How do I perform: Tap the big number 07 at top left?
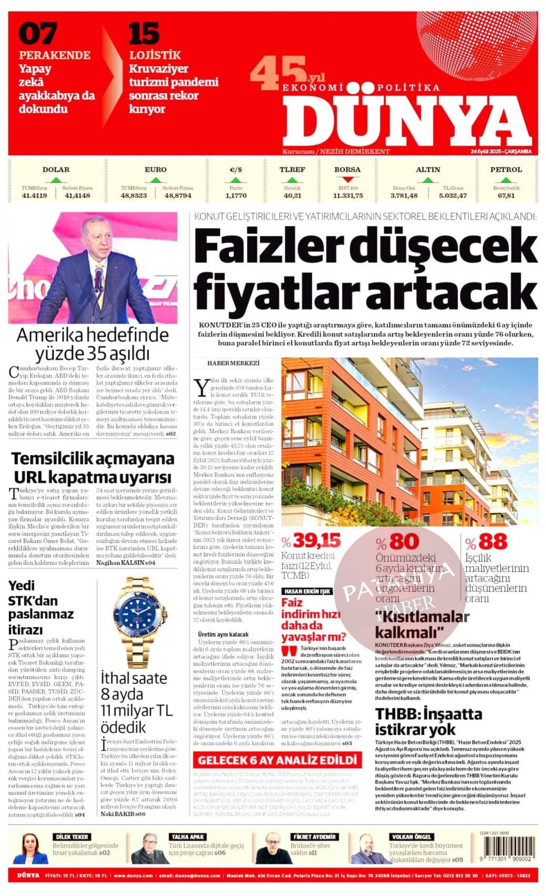(x=37, y=34)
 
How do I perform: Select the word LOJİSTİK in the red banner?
(x=155, y=55)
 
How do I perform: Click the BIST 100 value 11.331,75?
(x=348, y=196)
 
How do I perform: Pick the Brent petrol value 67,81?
(x=506, y=196)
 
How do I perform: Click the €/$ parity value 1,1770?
(x=236, y=196)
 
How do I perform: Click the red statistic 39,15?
(x=317, y=541)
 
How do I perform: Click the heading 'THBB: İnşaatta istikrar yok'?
(x=428, y=722)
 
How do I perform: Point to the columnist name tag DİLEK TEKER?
(x=72, y=836)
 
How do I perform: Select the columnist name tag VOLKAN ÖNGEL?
(x=411, y=836)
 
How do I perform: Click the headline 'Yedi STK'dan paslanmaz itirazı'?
(x=41, y=607)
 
